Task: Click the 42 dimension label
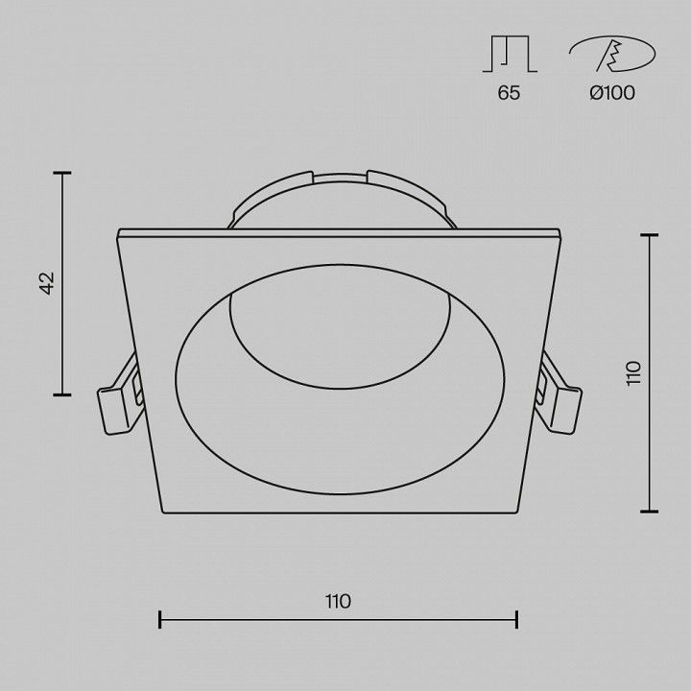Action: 47,283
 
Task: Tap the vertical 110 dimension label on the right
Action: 633,373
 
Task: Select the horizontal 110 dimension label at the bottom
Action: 339,601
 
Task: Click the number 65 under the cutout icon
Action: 509,93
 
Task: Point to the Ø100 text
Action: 612,92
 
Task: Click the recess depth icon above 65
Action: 510,54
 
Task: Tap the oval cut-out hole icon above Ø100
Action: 612,54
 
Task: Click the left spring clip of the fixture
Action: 120,395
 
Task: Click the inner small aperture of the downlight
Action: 340,326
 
